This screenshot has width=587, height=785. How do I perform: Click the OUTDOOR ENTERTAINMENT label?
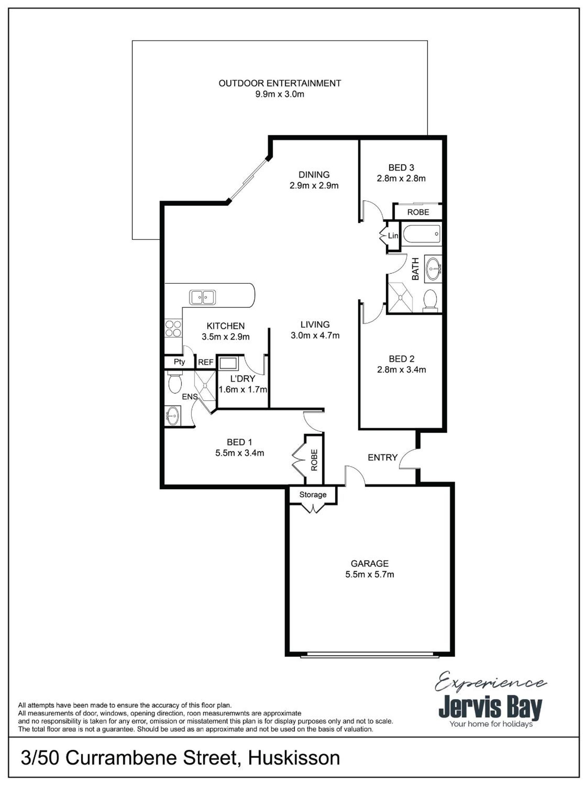point(280,83)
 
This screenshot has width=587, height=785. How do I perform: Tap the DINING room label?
point(314,174)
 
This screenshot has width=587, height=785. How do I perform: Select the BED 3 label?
point(401,167)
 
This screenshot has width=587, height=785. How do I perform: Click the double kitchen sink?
point(202,297)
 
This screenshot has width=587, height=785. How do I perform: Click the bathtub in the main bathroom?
point(421,234)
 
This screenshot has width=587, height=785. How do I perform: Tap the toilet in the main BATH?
point(430,300)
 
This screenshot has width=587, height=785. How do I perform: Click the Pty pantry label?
point(179,362)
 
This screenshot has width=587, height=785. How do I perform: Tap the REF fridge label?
point(206,362)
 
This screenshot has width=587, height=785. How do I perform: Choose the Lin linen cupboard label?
point(393,235)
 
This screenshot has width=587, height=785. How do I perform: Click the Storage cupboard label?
point(313,494)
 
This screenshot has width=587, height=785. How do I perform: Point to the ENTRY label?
point(382,457)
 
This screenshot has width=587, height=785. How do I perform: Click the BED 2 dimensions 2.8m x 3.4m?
point(401,370)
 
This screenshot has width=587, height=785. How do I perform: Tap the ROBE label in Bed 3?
point(418,212)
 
